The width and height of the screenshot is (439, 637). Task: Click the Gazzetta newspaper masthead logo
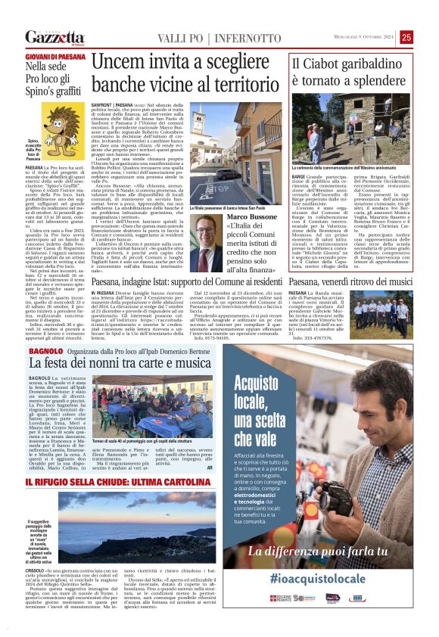click(x=54, y=37)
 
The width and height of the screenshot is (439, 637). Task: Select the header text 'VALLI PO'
click(x=182, y=38)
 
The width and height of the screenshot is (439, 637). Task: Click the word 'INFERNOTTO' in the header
click(x=248, y=38)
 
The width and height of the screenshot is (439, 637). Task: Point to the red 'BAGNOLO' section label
click(x=42, y=350)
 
